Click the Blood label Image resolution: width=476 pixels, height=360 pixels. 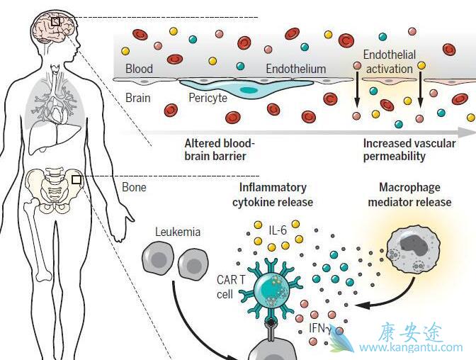point(139,69)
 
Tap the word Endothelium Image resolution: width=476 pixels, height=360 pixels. point(295,69)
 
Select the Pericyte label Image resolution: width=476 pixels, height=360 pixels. point(208,98)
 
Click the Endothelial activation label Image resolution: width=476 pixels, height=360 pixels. point(389,62)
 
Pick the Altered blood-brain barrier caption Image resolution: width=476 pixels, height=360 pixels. point(219,149)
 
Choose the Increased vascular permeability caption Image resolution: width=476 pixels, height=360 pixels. point(409,149)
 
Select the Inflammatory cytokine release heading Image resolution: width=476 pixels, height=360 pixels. point(273,194)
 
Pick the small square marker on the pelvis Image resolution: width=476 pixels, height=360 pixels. point(76,180)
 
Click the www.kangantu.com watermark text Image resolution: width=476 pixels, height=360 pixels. point(411,347)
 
